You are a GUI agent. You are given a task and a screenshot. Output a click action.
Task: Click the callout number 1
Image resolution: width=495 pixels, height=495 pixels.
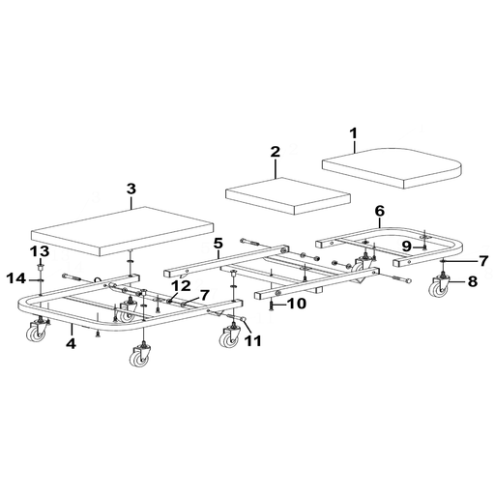[x=354, y=133]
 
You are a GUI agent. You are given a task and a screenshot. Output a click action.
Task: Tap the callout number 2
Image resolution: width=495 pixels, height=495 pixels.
[x=276, y=152]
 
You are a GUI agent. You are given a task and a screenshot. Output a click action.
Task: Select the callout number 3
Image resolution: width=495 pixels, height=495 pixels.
[x=131, y=189]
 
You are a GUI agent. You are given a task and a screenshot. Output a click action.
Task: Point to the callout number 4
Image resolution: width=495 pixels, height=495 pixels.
[x=71, y=343]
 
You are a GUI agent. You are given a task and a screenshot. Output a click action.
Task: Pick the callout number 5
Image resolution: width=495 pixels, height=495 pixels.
[x=218, y=244]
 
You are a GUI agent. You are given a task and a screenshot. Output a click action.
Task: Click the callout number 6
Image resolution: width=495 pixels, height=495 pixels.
[x=380, y=212]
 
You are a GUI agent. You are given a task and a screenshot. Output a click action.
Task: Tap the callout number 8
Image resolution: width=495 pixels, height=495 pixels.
[x=473, y=281]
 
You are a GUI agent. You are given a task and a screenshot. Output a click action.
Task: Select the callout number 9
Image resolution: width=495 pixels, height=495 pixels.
[x=407, y=247]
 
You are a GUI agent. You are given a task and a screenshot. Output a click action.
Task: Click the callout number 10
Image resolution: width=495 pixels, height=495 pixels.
[x=297, y=304]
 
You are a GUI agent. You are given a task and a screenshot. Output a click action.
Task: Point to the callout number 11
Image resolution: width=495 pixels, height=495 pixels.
[x=252, y=341]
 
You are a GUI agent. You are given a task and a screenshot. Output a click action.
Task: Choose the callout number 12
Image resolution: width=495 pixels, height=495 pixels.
[x=181, y=286]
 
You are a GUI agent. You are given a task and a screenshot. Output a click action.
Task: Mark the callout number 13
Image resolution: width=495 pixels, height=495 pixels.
[x=40, y=251]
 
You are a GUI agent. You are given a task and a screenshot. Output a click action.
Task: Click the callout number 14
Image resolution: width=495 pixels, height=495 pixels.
[x=16, y=278]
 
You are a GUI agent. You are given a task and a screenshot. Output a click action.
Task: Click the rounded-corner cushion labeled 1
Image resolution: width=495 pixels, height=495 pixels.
[x=393, y=168]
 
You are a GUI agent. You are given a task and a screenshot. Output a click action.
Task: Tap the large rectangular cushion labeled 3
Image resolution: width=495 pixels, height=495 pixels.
[x=122, y=230]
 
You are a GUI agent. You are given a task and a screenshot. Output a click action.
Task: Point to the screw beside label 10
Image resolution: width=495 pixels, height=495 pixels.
[x=271, y=305]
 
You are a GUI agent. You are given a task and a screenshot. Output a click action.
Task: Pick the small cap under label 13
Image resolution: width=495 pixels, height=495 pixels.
[x=41, y=266]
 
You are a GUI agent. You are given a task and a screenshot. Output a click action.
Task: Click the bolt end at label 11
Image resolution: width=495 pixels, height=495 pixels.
[x=244, y=319]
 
